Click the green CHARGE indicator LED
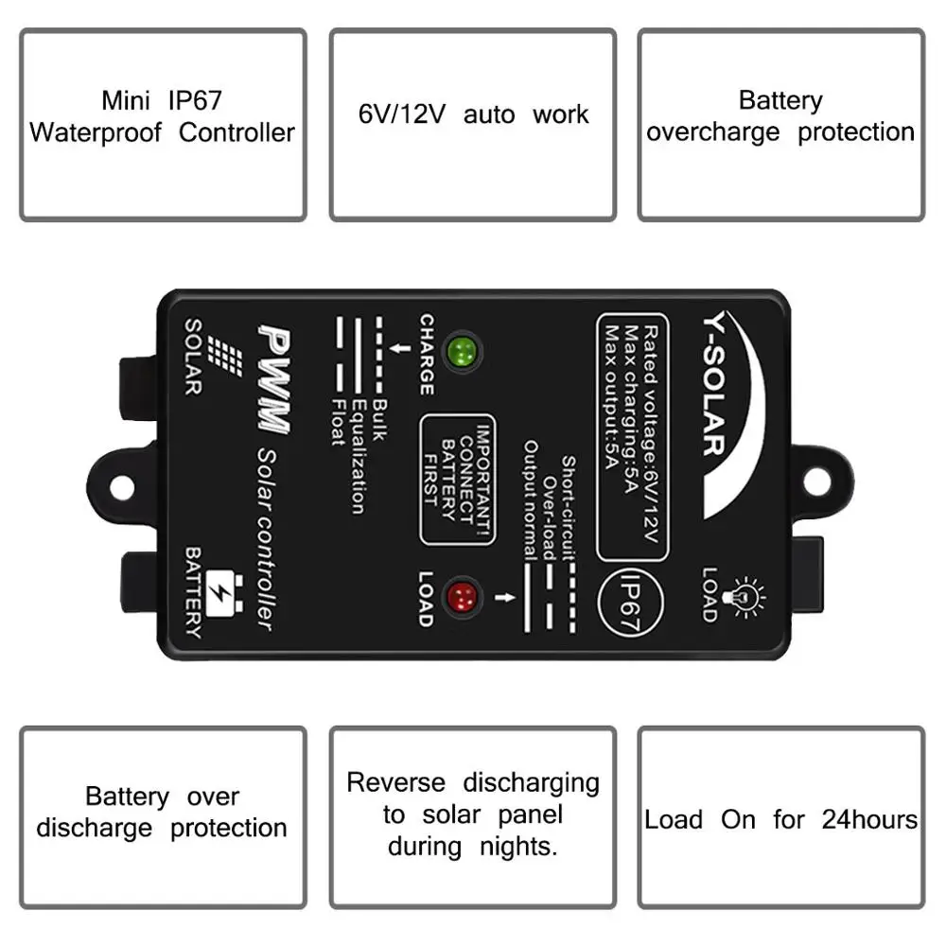tap(463, 352)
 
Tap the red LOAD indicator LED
tap(464, 597)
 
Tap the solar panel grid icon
tap(225, 357)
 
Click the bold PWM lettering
tap(274, 378)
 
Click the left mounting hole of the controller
tap(123, 486)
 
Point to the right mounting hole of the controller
tap(815, 480)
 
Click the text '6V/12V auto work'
tap(473, 114)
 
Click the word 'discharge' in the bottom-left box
tap(94, 828)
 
